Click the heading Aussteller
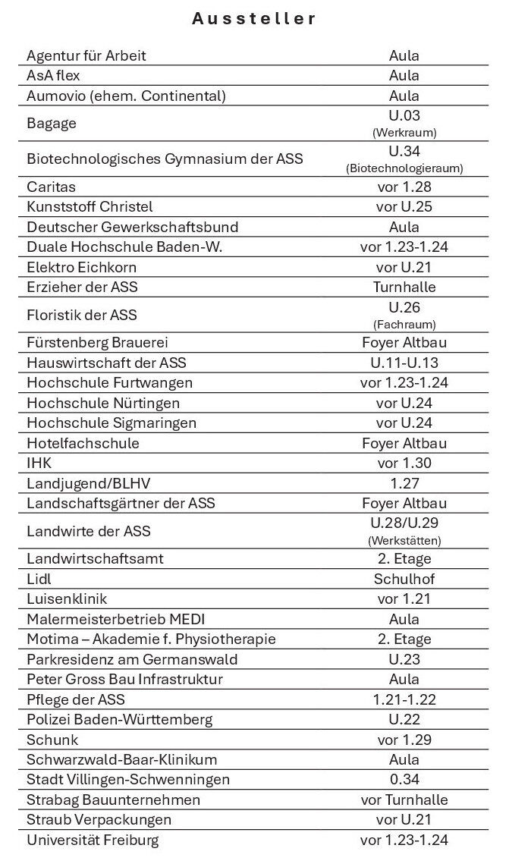coord(254,20)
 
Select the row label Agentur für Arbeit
coord(86,55)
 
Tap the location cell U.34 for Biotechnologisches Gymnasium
coord(404,152)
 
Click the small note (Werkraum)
coord(404,132)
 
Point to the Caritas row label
coord(51,187)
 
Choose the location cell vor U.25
coord(404,207)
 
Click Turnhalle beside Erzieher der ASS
coord(404,287)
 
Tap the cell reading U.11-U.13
coord(404,363)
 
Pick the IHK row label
coord(39,463)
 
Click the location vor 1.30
coord(404,463)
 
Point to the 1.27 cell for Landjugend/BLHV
coord(404,483)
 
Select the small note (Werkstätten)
coord(404,541)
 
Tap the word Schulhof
coord(404,579)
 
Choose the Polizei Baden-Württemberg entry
coord(119,719)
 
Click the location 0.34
coord(404,780)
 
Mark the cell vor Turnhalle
coord(404,800)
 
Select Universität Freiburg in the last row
coord(93,840)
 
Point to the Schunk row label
coord(52,740)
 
